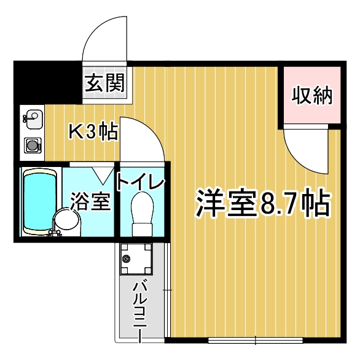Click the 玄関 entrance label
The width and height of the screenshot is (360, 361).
105,83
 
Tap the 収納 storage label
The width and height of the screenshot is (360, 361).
312,96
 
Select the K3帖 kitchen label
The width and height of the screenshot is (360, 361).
94,132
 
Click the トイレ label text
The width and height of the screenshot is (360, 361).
141,182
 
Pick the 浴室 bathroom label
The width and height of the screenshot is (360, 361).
90,201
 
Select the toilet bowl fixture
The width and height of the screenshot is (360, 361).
143,214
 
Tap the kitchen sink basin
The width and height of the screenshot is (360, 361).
34,119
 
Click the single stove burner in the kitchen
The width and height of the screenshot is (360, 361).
33,146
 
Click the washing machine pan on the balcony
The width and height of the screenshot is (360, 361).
136,258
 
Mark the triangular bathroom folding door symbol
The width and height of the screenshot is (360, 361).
103,175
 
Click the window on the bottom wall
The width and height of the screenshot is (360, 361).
255,340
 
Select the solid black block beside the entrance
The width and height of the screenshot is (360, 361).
48,82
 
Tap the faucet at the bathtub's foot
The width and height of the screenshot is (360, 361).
54,233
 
